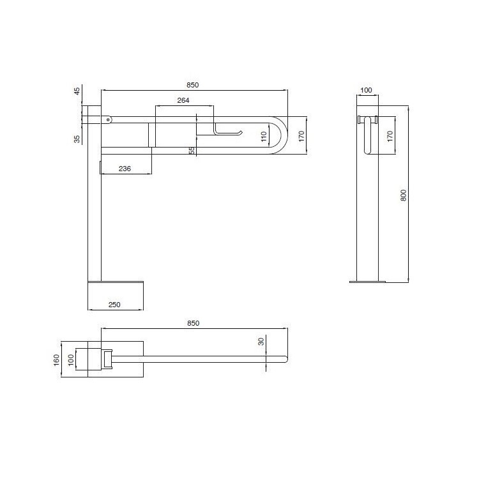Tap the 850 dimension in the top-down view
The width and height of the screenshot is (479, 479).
(193, 323)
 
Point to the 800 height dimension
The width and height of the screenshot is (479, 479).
(403, 195)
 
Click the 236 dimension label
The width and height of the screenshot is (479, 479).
(125, 168)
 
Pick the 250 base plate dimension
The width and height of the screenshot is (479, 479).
(115, 305)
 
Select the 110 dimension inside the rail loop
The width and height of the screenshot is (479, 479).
(263, 136)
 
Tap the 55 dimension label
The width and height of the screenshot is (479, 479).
(192, 150)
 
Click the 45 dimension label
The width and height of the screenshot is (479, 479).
(78, 91)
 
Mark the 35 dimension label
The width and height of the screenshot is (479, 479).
(78, 138)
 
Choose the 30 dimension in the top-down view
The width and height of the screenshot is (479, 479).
(261, 342)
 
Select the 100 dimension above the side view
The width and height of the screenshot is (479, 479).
(366, 90)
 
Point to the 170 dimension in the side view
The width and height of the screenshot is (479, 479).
(389, 135)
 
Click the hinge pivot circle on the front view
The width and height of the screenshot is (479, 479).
(109, 118)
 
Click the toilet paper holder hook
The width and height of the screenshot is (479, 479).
(230, 132)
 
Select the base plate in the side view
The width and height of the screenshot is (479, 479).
(367, 280)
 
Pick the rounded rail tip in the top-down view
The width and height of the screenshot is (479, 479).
(285, 359)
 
